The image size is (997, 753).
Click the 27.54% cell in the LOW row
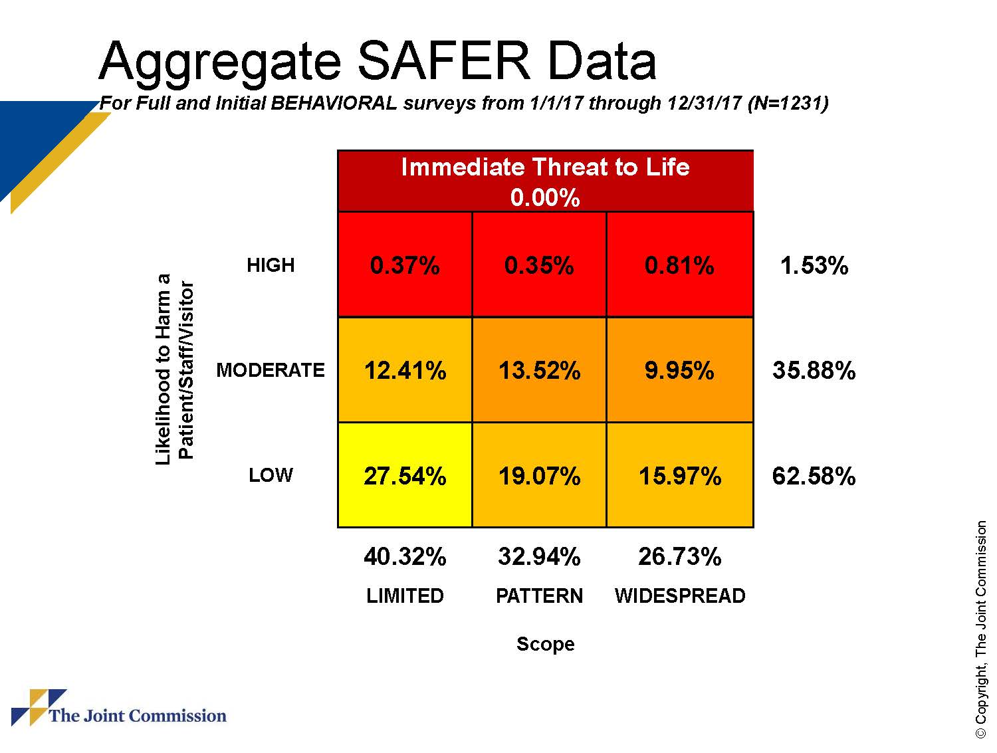click(405, 476)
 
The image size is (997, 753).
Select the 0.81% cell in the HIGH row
click(679, 265)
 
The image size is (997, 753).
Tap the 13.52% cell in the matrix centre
click(539, 370)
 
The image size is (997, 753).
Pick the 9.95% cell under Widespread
click(679, 370)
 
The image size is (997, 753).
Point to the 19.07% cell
click(539, 476)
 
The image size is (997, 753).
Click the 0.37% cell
click(405, 265)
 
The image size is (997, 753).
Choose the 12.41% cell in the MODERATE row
click(405, 370)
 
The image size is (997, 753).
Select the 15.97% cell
click(679, 476)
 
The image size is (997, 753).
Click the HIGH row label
click(271, 265)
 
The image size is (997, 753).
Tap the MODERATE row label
click(271, 370)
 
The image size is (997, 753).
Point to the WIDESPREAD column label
click(679, 595)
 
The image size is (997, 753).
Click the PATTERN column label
click(539, 595)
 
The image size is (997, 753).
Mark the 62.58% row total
click(814, 476)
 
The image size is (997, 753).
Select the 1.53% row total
click(814, 266)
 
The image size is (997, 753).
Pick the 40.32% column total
click(405, 556)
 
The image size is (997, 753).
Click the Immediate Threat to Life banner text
click(545, 167)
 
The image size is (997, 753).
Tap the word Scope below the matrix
click(545, 644)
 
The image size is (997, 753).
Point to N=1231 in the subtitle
click(788, 103)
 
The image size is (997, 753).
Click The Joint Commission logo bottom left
click(120, 710)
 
